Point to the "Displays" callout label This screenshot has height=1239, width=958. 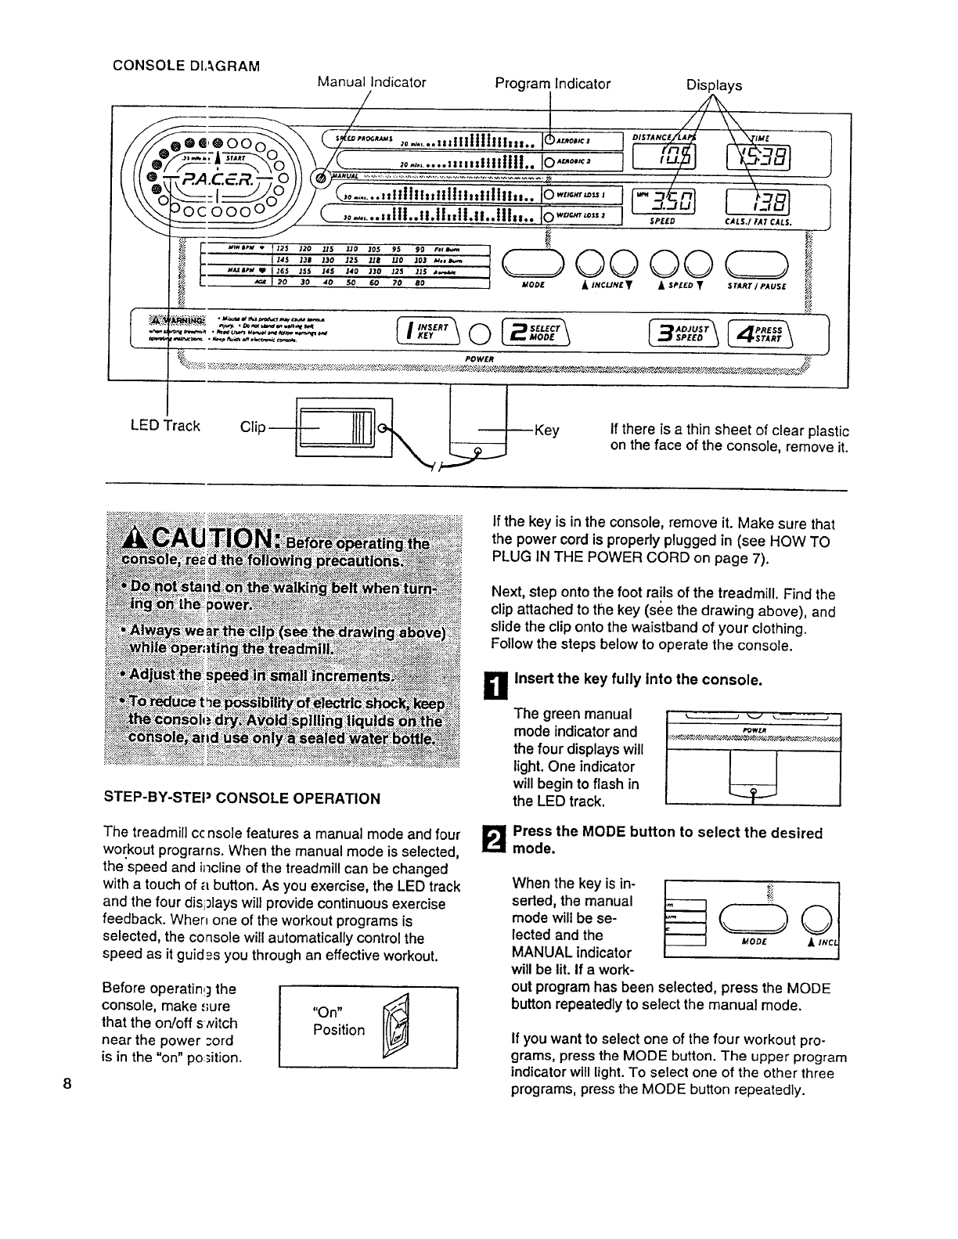[x=714, y=85]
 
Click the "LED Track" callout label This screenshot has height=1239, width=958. [x=165, y=427]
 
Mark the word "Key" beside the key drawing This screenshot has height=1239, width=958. [x=546, y=430]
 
